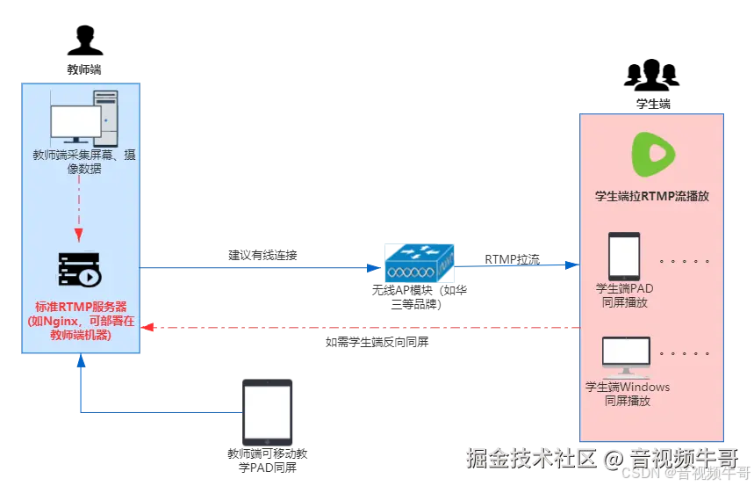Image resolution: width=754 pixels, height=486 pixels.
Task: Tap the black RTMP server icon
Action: tap(79, 271)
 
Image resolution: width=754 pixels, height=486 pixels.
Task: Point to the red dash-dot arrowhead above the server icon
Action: tap(78, 235)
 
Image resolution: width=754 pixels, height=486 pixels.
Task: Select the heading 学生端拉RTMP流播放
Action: tap(651, 196)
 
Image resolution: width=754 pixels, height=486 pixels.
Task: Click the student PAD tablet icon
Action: tap(625, 256)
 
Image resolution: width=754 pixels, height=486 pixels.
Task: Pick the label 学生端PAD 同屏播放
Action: tap(625, 295)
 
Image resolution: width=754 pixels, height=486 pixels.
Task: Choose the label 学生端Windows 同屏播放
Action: tap(628, 394)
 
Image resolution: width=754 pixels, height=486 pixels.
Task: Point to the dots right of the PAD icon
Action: tap(684, 261)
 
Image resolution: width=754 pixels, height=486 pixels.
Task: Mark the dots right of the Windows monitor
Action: tap(684, 353)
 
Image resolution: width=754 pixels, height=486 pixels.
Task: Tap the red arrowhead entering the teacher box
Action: tap(147, 328)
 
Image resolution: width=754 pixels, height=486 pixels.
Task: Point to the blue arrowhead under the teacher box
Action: tap(81, 362)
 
